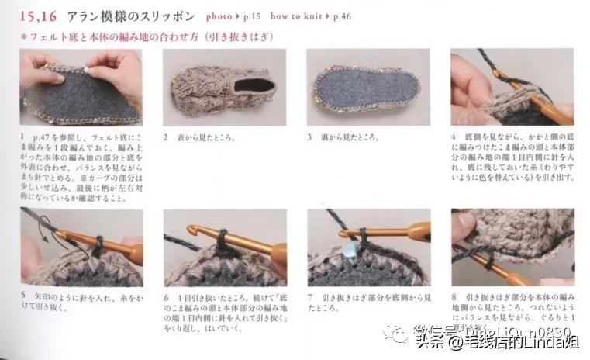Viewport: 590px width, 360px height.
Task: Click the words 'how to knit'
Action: [310, 16]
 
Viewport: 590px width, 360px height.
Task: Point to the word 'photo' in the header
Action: [221, 16]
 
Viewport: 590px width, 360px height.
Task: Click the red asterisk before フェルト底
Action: [23, 36]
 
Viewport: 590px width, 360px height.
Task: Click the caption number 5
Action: [23, 297]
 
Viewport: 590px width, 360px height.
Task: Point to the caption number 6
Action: [167, 297]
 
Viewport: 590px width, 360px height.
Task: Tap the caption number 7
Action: [310, 297]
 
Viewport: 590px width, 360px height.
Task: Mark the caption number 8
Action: [454, 297]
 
